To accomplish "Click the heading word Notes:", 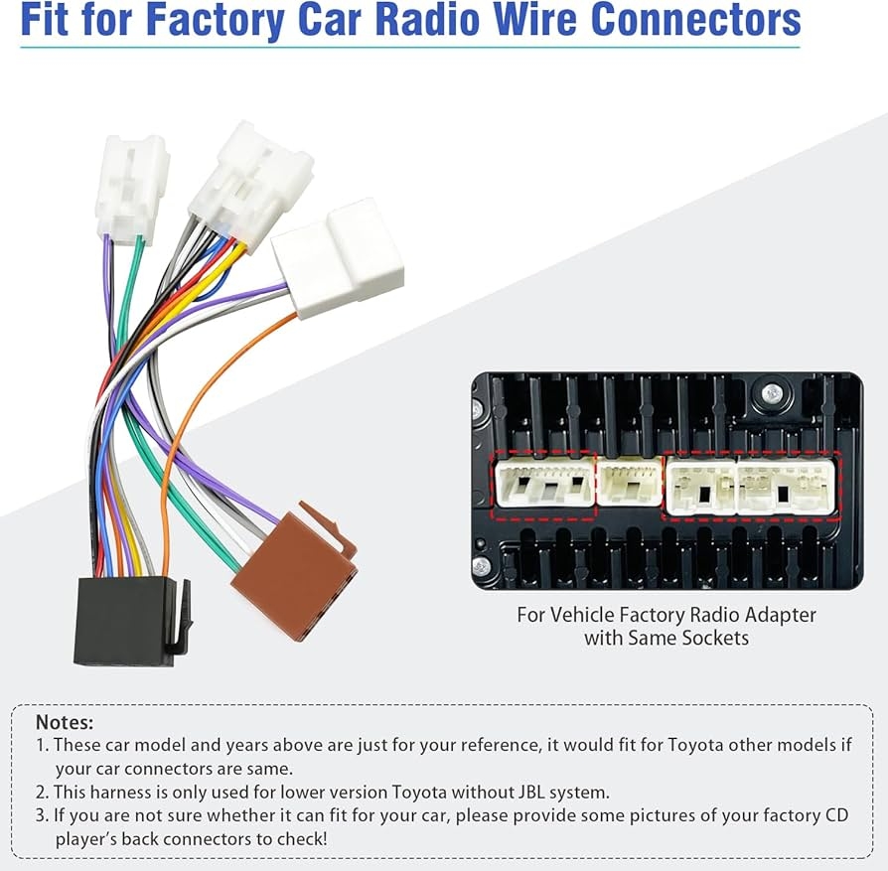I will point(65,722).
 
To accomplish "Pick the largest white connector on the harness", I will point(338,256).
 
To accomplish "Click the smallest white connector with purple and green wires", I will point(130,189).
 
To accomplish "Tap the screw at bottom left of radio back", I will point(482,567).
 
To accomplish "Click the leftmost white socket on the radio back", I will point(543,484).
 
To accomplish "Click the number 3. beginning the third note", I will point(42,815).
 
